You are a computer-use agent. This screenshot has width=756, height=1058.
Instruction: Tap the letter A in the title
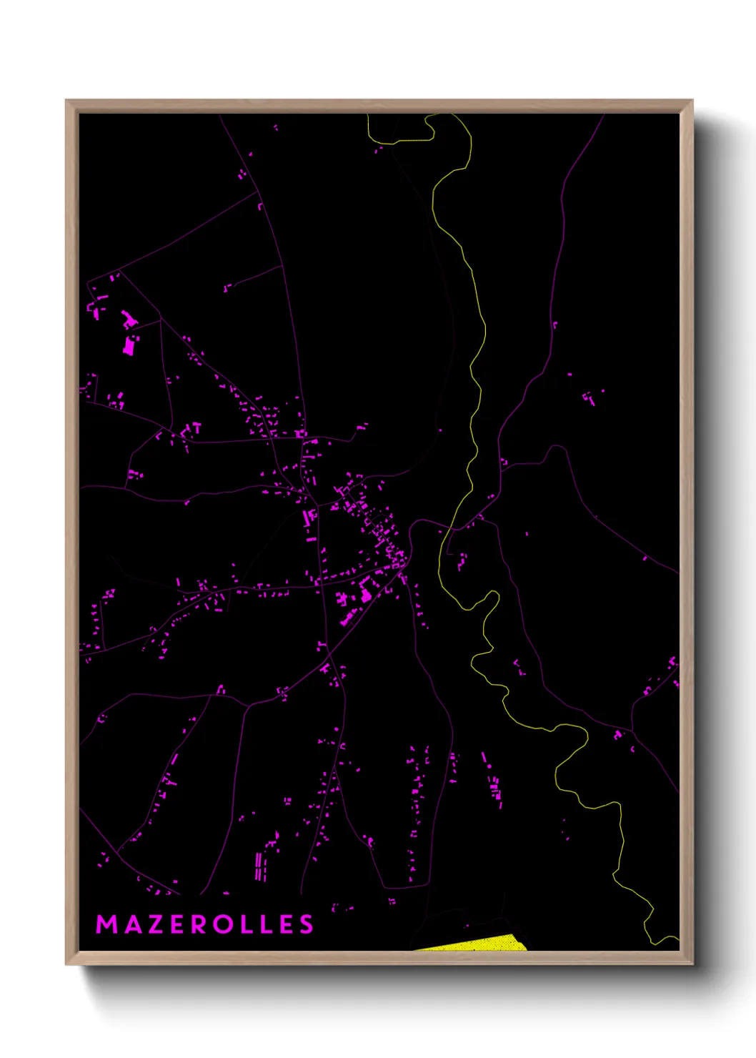tap(132, 924)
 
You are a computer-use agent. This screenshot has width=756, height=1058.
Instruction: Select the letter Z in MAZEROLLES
tap(156, 924)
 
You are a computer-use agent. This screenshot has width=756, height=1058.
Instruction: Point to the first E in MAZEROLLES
tap(178, 924)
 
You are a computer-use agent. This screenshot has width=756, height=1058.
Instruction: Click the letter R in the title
tap(200, 924)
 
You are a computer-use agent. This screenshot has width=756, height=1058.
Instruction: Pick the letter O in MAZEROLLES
tap(225, 924)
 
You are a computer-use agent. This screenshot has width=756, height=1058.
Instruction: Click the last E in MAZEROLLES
tap(288, 924)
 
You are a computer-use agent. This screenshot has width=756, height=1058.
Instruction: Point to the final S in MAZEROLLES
tap(307, 924)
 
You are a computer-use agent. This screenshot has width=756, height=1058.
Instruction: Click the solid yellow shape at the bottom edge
tap(486, 944)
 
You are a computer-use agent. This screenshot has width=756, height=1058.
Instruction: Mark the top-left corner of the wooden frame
tap(66, 101)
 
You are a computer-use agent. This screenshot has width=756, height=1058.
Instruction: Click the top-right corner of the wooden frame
tap(692, 101)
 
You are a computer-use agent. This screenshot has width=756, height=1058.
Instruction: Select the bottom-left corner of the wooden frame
tap(66, 964)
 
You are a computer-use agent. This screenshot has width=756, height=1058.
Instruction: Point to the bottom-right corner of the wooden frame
tap(692, 964)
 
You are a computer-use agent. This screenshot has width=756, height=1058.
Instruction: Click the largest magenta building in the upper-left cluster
tap(129, 345)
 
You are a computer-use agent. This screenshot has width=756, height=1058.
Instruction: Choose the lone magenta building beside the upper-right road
tap(554, 325)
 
